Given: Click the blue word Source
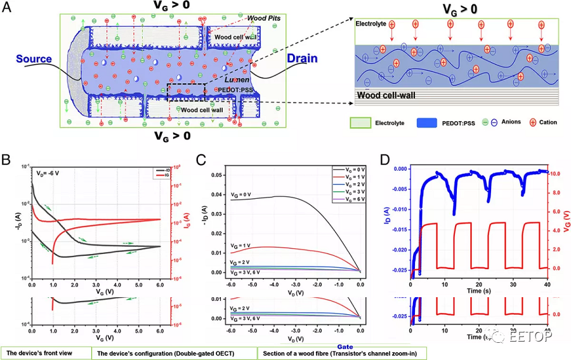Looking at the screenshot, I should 34,59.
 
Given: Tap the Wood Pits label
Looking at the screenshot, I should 263,18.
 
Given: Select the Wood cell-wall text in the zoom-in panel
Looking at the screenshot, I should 386,96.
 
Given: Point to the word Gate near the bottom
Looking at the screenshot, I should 345,347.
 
